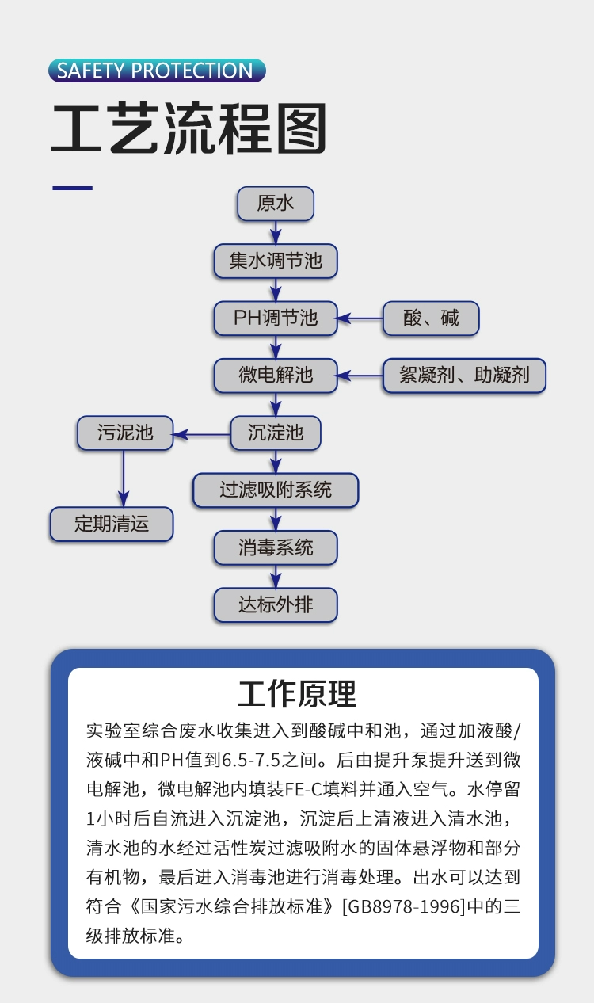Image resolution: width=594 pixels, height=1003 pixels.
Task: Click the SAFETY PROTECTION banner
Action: (157, 71)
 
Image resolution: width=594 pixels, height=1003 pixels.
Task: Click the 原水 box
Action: (276, 204)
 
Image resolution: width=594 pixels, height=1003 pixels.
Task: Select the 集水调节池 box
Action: (276, 261)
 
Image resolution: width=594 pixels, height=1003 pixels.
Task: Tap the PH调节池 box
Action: (276, 318)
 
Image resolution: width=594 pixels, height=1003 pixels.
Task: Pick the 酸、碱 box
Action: (431, 318)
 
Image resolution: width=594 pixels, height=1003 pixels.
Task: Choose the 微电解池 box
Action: (276, 376)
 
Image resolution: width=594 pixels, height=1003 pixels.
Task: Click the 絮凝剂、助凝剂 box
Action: (464, 376)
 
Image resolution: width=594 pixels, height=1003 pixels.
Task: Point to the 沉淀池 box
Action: (276, 433)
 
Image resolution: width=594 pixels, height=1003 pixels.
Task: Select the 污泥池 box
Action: (125, 433)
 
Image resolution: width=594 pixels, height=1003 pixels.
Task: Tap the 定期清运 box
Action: (112, 524)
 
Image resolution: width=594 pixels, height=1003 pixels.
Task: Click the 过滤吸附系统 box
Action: (276, 490)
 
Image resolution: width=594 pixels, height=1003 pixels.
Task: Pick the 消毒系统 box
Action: (276, 547)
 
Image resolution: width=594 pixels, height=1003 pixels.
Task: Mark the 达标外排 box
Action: (276, 605)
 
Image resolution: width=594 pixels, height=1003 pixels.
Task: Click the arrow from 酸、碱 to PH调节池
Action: (360, 318)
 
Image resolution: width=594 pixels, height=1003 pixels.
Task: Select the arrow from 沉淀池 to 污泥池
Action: (202, 434)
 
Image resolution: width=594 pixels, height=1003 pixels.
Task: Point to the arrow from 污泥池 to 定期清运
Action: (124, 479)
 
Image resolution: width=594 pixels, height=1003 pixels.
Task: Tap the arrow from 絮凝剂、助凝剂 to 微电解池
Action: (360, 376)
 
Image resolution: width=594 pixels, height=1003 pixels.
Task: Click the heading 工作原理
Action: (297, 694)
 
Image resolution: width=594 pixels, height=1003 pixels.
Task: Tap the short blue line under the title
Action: (73, 188)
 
